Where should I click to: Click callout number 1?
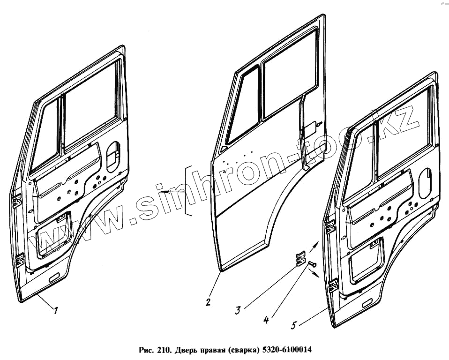point(56,310)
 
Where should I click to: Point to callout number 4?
point(266,321)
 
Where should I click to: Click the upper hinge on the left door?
point(17,201)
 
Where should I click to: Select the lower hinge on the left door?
point(20,259)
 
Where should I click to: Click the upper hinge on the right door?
point(330,226)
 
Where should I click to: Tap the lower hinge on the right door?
point(334,285)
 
